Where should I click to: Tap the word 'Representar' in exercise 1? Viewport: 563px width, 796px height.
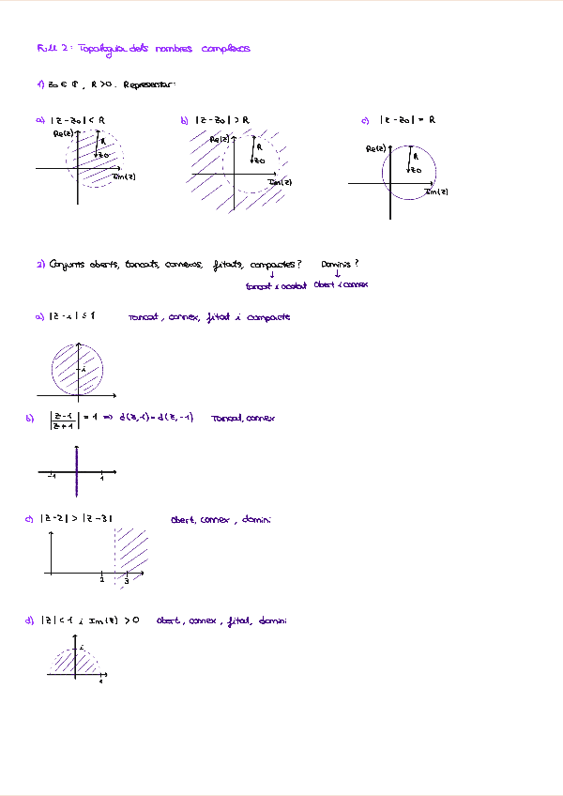pyautogui.click(x=148, y=84)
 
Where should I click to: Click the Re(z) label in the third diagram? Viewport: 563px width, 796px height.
pyautogui.click(x=375, y=149)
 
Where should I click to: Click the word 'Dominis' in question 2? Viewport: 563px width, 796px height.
pyautogui.click(x=340, y=264)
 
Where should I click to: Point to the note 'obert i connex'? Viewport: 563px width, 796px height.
pyautogui.click(x=341, y=284)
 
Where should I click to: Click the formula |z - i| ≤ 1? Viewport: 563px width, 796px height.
pyautogui.click(x=72, y=317)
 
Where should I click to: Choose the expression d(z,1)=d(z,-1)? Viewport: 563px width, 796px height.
pyautogui.click(x=156, y=418)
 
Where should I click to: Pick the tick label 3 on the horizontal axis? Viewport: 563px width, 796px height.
pyautogui.click(x=126, y=583)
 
